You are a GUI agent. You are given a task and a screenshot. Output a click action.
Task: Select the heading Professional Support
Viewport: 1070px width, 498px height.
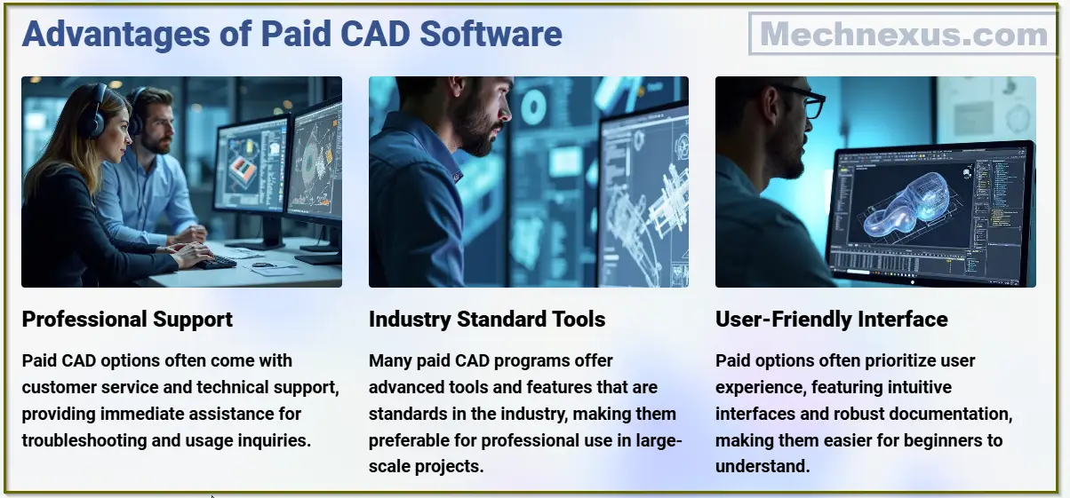pyautogui.click(x=127, y=320)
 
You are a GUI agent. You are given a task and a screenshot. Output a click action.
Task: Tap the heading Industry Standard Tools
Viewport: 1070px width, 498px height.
pyautogui.click(x=486, y=320)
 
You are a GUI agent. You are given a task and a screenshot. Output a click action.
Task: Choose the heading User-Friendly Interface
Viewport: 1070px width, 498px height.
pyautogui.click(x=831, y=320)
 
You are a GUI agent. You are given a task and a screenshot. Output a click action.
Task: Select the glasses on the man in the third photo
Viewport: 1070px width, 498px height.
pyautogui.click(x=804, y=104)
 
